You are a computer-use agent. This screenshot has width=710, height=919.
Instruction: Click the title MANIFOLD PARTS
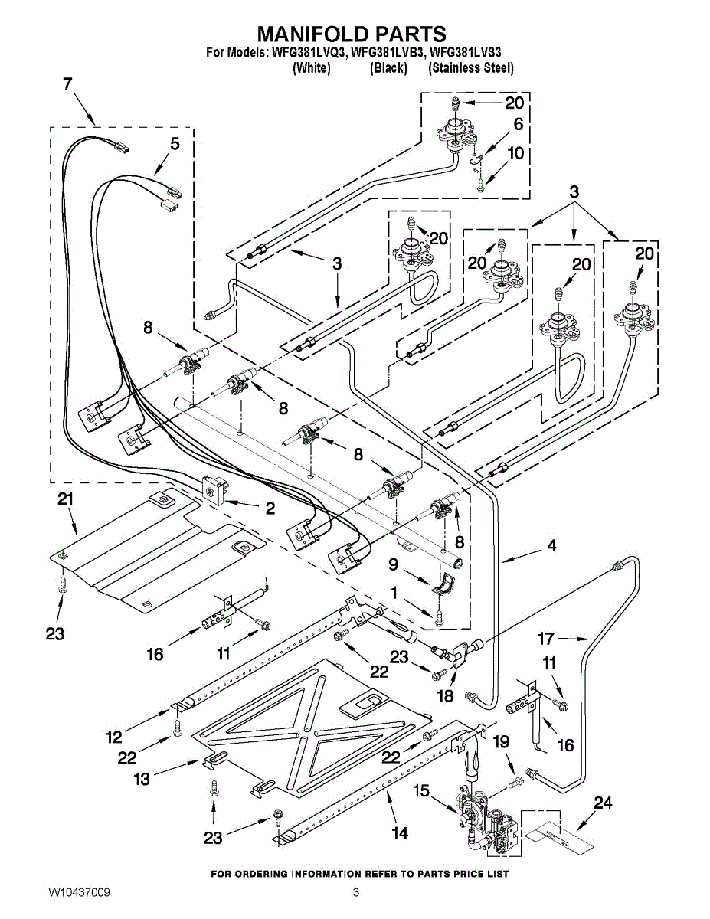point(352,34)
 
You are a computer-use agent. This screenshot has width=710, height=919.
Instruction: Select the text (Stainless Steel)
point(471,67)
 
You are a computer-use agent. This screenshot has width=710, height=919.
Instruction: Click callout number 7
point(67,84)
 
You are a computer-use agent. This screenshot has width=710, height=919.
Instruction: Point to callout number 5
point(175,144)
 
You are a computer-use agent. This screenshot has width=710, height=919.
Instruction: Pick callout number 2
point(270,508)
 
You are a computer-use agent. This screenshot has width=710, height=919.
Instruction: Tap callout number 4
point(551,545)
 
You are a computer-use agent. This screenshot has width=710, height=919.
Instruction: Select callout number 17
point(546,639)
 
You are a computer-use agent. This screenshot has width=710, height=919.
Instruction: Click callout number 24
point(603,803)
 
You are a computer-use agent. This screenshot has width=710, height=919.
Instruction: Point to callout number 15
point(420,790)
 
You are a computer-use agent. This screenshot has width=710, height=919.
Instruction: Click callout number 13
point(142,779)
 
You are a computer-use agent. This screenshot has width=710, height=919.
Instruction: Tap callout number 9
point(393,564)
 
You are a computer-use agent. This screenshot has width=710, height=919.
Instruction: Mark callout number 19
point(502,741)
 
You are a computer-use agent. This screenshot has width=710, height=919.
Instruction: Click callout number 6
point(518,124)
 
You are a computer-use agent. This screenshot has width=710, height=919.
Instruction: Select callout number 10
point(515,153)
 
